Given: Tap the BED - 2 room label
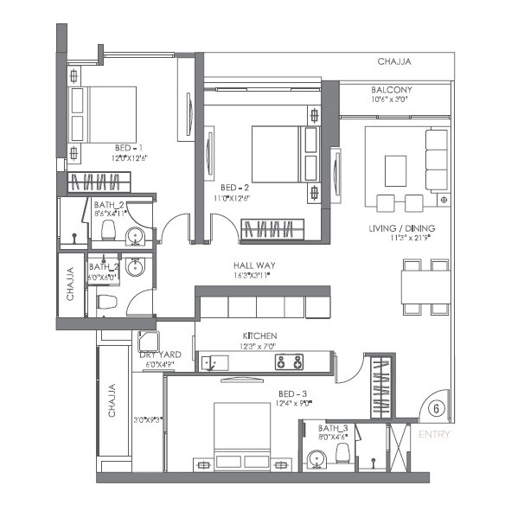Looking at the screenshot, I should (x=234, y=187).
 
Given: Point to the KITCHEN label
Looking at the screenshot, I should (x=259, y=335).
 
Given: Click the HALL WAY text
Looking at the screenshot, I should (x=252, y=265).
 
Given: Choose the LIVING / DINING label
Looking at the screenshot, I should (x=397, y=227).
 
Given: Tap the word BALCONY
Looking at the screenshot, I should (x=391, y=90).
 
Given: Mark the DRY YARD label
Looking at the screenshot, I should (x=157, y=355).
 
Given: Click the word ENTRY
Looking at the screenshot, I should (x=433, y=434).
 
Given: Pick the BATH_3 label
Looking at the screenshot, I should (x=332, y=427).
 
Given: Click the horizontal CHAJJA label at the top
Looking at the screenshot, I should (x=393, y=62).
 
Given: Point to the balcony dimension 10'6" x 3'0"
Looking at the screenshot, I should (x=391, y=99).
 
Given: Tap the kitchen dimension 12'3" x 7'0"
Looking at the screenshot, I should (x=259, y=345).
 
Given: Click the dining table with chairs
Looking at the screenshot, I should (x=425, y=286).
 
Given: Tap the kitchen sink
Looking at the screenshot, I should (x=210, y=362).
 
